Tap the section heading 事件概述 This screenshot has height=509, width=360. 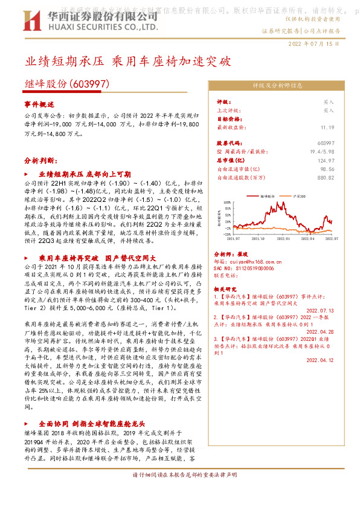(39, 104)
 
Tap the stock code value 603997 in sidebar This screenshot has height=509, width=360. (342, 143)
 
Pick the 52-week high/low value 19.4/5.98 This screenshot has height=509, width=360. (339, 152)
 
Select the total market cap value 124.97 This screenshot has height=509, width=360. (342, 161)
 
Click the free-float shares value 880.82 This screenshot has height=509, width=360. (342, 178)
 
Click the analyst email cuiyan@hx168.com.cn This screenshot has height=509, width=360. (248, 261)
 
